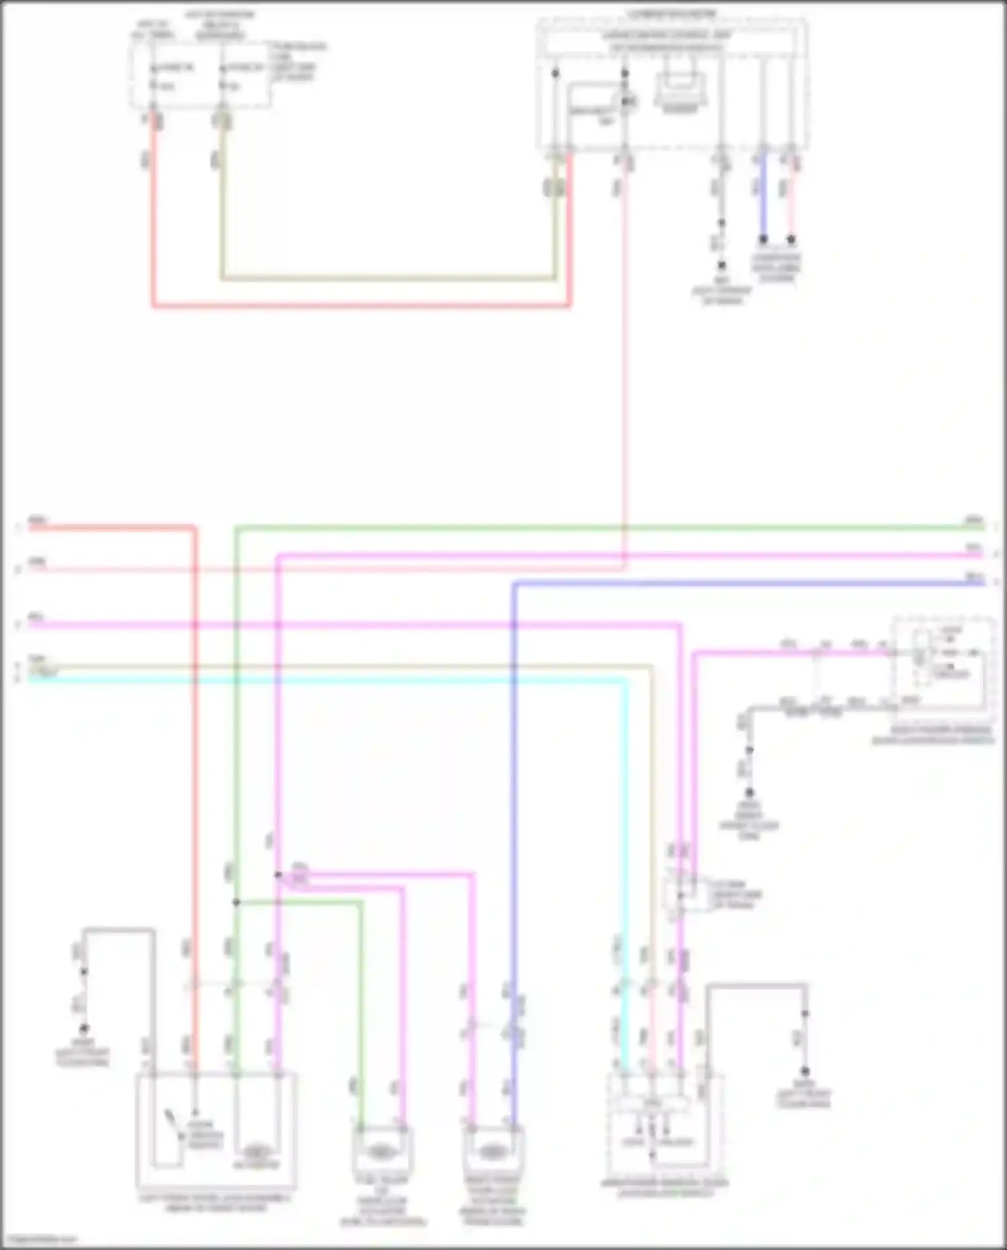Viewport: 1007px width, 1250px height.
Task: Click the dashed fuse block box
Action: [201, 74]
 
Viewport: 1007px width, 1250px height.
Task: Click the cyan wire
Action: [336, 680]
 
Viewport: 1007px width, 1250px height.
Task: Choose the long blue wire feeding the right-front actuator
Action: [514, 806]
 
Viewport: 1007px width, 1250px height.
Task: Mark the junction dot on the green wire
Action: [236, 902]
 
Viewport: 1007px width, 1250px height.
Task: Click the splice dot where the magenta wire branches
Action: [278, 875]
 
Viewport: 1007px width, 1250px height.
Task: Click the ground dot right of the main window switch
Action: [805, 1071]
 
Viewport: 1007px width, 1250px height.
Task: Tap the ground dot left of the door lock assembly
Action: [84, 1028]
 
